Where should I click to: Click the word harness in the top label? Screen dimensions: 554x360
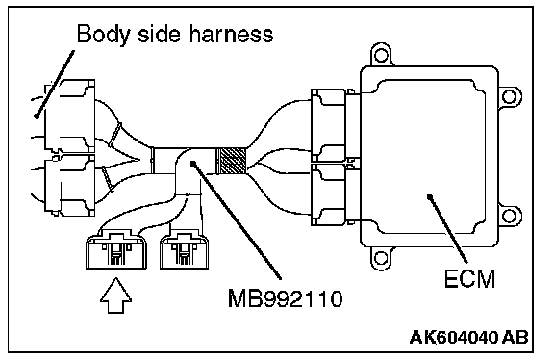coord(232,34)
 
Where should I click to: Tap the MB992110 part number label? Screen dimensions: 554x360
coord(285,298)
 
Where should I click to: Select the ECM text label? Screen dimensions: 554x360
coord(469,279)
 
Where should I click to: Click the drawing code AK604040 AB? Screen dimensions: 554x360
coord(468,337)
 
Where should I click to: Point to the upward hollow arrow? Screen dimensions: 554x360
coord(115,296)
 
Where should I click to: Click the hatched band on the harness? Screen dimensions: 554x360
coord(231,161)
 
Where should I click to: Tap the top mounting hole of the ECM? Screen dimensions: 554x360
coord(381,55)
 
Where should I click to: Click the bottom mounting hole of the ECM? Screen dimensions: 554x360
coord(381,257)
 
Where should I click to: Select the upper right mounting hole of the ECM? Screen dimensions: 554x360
coord(509,96)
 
